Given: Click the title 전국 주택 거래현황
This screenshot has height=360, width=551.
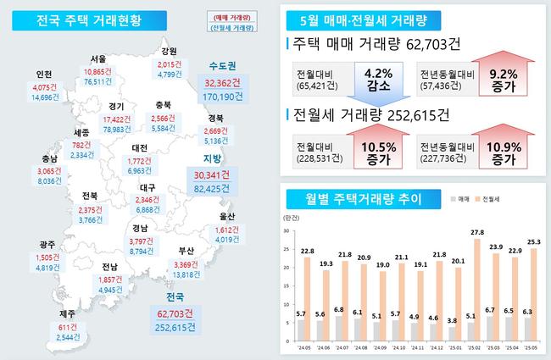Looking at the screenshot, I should point(77,19).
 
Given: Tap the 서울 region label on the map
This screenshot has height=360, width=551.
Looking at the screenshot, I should point(99,59).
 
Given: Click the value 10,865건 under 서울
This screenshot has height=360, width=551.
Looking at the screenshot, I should point(103,71).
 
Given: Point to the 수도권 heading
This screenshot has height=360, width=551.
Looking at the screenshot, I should point(223,65).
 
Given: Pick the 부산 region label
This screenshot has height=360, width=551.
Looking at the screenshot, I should point(187,251).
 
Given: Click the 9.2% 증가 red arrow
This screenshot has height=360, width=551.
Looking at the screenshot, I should point(501,81).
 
